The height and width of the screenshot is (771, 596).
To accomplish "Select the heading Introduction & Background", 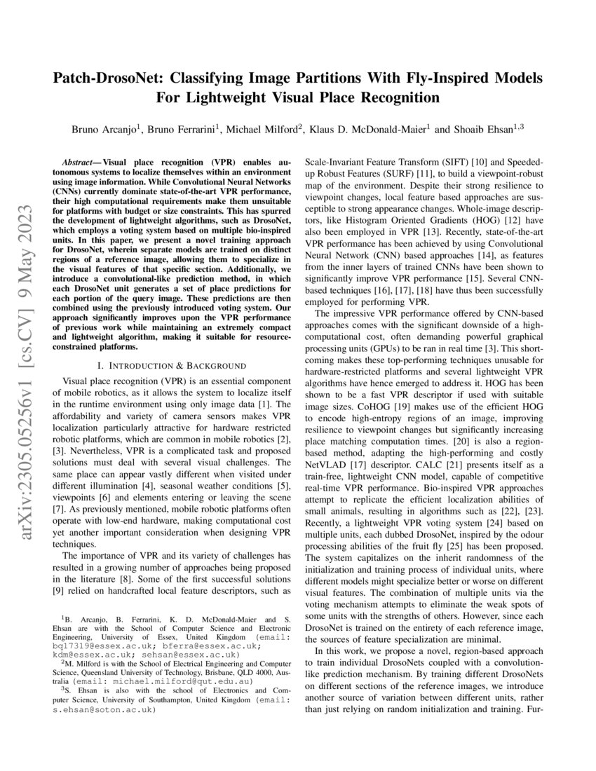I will point(171,365).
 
